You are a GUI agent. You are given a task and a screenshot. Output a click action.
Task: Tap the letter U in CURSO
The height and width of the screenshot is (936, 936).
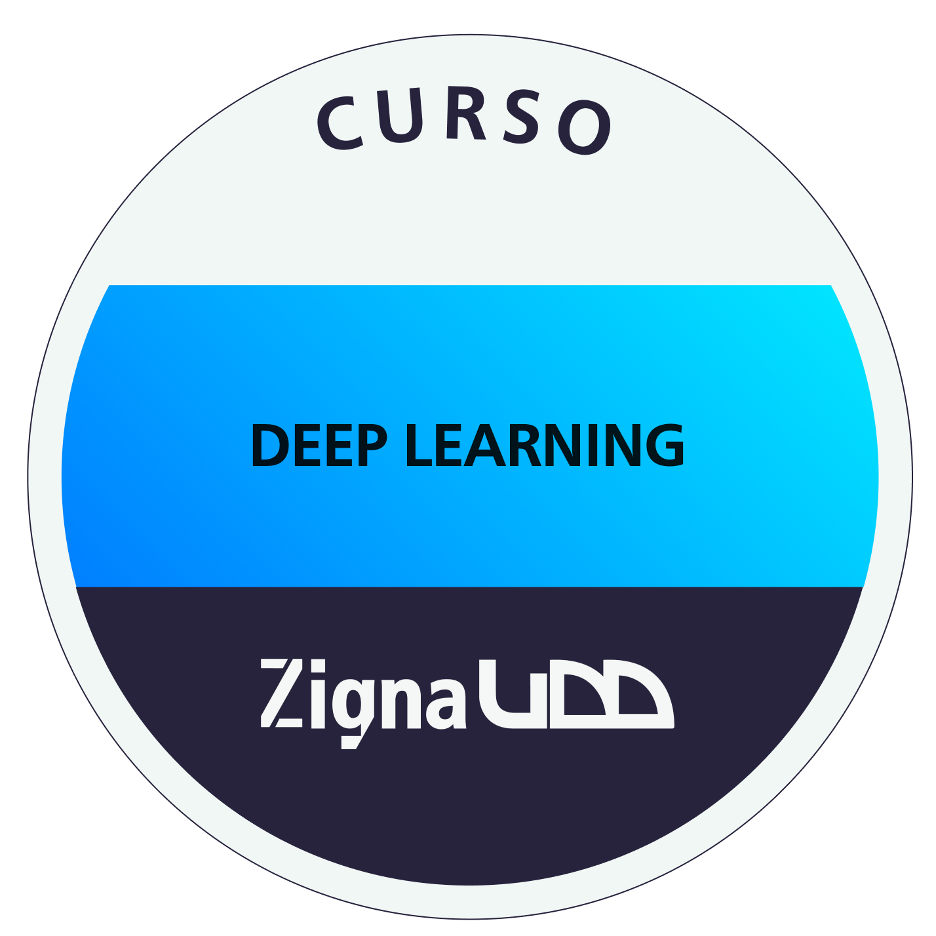399,115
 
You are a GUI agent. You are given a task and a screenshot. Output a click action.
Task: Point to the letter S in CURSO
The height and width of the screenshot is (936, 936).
520,117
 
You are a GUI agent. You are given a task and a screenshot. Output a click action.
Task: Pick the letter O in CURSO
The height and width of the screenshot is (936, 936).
583,128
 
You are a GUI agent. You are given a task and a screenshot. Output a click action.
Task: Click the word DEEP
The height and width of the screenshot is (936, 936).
319,445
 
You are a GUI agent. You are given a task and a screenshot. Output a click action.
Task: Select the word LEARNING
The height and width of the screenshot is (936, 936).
545,445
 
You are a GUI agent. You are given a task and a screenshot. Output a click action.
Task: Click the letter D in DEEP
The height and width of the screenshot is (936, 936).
270,445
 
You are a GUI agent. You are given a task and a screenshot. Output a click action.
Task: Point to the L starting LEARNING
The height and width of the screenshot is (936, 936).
419,445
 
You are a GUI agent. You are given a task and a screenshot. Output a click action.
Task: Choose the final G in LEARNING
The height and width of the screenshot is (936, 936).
665,445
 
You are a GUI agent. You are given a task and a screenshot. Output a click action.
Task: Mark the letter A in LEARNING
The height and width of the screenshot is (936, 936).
485,445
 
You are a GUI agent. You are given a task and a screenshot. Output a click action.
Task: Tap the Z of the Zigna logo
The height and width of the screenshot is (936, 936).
282,693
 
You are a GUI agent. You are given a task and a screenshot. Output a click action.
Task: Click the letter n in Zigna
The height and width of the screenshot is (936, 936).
401,701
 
